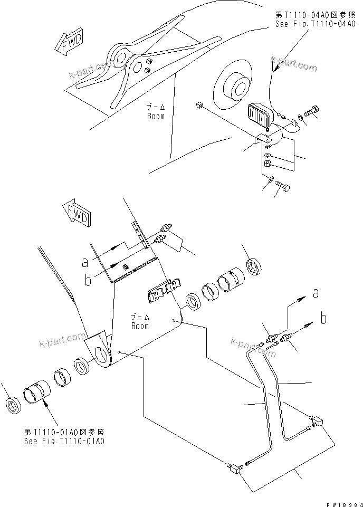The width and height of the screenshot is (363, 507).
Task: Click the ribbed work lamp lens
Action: point(259,115)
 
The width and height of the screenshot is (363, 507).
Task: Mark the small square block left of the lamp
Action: point(199,106)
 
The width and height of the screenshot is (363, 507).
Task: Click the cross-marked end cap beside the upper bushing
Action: point(255,266)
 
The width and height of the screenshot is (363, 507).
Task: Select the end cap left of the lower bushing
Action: point(12,406)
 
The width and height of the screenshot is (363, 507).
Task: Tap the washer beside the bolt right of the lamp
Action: point(300,116)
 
